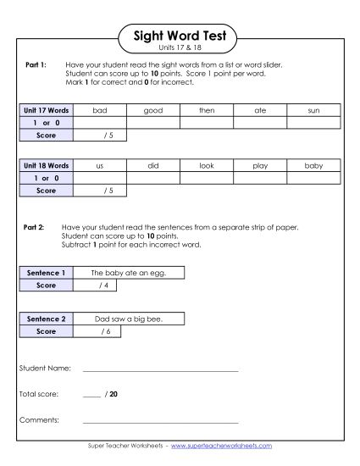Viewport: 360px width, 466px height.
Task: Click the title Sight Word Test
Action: (x=180, y=36)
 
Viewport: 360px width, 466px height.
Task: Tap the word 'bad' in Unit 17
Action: (x=100, y=110)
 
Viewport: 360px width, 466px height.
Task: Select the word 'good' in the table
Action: (x=153, y=110)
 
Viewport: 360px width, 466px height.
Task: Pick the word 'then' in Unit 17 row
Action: (x=207, y=110)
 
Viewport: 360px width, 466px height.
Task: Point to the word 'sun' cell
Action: (x=314, y=110)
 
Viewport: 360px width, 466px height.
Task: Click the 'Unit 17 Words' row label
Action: (x=46, y=110)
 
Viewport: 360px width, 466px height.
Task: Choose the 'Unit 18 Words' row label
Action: (x=46, y=166)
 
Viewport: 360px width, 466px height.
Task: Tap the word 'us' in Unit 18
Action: (x=100, y=166)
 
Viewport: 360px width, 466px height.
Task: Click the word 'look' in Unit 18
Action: (x=207, y=166)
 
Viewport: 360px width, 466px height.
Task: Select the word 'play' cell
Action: (x=260, y=166)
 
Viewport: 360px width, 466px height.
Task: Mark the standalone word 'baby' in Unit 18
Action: (x=314, y=166)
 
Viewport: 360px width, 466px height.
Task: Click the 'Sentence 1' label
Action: (x=46, y=273)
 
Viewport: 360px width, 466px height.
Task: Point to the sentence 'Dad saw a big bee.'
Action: (x=128, y=319)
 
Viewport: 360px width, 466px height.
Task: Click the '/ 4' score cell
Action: (x=102, y=286)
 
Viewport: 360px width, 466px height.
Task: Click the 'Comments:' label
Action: (x=39, y=419)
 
